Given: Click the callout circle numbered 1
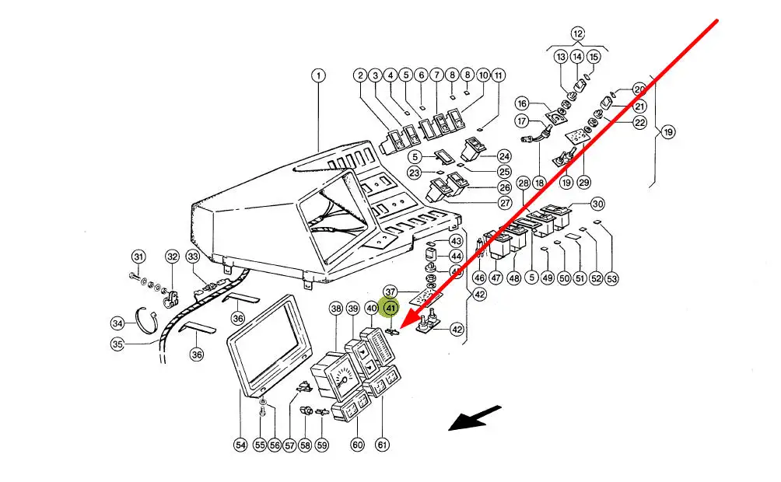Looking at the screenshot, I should [x=318, y=75].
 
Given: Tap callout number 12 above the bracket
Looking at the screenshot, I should [x=577, y=33].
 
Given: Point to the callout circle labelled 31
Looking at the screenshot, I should [x=138, y=257].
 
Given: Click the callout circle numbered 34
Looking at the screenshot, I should [x=117, y=323].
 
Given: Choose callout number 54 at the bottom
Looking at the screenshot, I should [x=240, y=445].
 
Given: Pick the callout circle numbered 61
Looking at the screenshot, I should [x=381, y=445].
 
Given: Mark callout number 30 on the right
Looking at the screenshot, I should [x=597, y=204].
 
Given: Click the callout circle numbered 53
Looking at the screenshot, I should [x=611, y=278].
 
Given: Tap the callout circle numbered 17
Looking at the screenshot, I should [x=522, y=121].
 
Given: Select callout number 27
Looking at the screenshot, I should [x=504, y=203].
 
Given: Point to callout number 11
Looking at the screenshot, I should [x=499, y=75].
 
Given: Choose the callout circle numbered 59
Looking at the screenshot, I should [x=321, y=445].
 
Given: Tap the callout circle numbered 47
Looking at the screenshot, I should [x=496, y=278].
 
